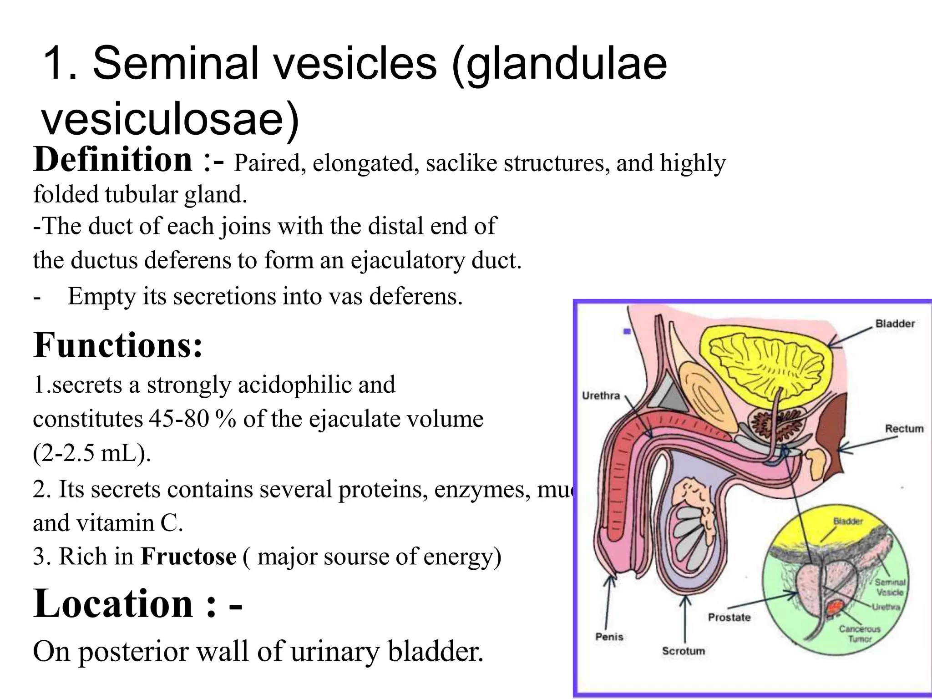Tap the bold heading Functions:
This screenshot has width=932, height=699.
pos(117,346)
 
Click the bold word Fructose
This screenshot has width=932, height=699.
pos(188,557)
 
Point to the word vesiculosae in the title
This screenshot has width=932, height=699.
pos(171,119)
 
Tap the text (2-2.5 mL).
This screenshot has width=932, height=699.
pos(91,453)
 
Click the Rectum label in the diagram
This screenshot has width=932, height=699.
pos(904,429)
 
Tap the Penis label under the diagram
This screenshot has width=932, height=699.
pos(609,637)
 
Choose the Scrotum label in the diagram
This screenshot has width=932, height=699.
pos(683,651)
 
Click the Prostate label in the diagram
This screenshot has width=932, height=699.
pos(729,618)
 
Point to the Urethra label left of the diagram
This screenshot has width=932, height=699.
pos(601,395)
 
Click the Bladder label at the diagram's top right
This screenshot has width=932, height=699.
pos(895,324)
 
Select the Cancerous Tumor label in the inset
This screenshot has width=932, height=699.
pos(859,634)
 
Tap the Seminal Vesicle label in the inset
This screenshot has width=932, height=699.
pos(890,587)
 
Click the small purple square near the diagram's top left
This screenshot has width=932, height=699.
pos(627,332)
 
